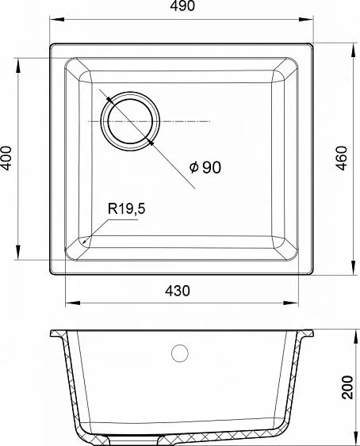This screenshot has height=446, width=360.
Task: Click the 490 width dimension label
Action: click(x=182, y=6)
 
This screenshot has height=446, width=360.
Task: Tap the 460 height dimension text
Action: click(x=342, y=158)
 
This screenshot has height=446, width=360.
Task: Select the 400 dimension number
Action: click(x=6, y=158)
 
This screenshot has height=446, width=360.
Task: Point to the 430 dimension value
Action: click(x=177, y=291)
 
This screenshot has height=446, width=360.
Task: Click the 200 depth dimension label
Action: click(x=347, y=387)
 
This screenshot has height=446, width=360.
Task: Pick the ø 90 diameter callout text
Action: click(x=205, y=167)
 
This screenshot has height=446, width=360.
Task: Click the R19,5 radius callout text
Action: click(x=126, y=209)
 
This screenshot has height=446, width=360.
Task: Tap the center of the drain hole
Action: click(x=131, y=121)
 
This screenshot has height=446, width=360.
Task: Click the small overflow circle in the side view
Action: click(x=180, y=353)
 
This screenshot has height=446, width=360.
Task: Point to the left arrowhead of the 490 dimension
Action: click(x=57, y=19)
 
